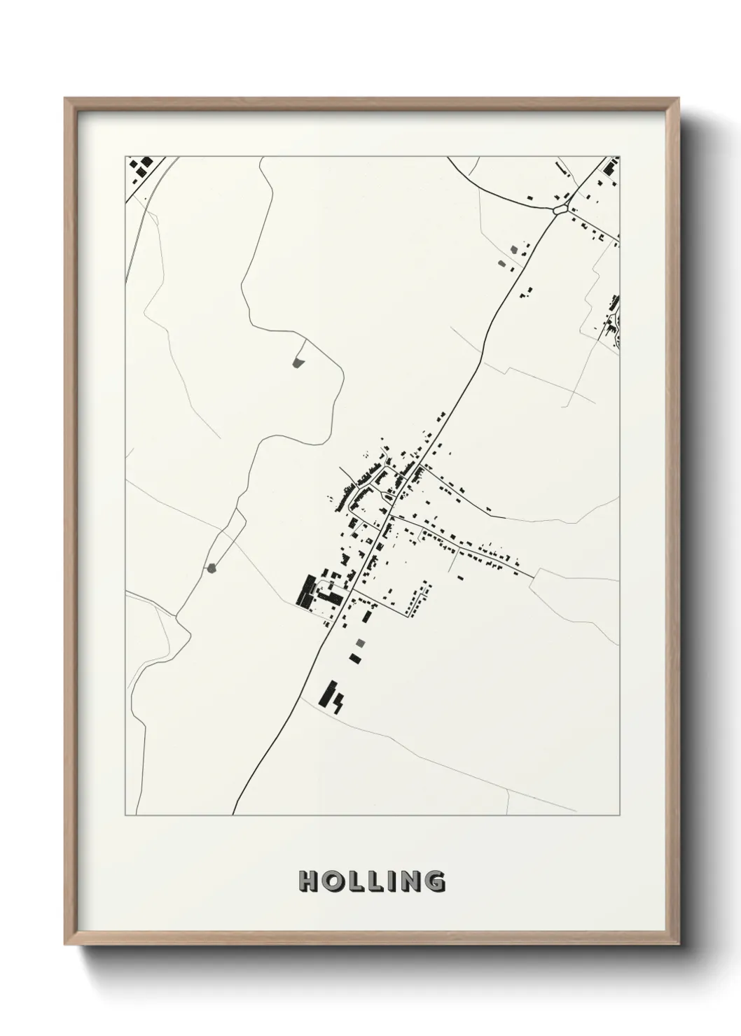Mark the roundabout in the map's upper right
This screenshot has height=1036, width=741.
click(x=559, y=209)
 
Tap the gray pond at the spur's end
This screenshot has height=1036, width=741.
click(x=297, y=363)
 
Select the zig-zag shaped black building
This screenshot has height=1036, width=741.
click(x=338, y=701)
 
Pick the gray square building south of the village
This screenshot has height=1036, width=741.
click(x=360, y=643)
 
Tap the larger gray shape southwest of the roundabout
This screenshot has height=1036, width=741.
click(x=516, y=249)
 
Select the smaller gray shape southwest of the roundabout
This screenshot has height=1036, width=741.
click(x=501, y=263)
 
